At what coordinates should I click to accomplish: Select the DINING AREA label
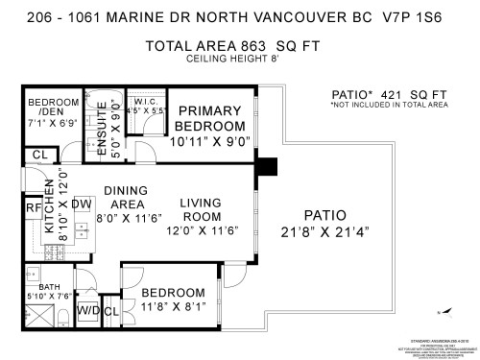125,197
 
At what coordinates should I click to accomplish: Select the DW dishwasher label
81,204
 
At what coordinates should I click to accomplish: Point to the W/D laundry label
87,310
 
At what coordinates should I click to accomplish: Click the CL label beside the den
39,155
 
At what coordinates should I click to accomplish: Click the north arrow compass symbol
442,311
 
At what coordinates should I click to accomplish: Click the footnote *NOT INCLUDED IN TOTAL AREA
389,106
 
